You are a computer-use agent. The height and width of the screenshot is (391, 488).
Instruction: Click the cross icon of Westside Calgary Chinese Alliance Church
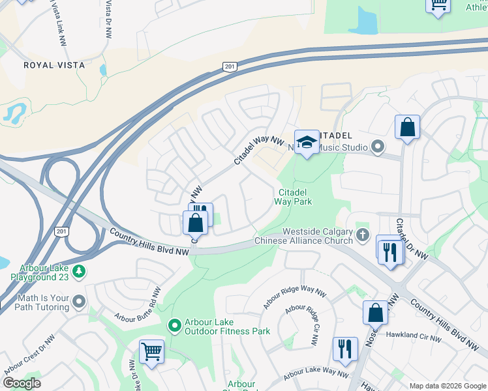click(x=363, y=235)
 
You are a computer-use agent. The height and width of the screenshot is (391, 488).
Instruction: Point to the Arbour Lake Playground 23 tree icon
click(x=79, y=270)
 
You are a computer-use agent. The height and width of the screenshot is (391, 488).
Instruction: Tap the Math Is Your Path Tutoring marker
click(x=79, y=301)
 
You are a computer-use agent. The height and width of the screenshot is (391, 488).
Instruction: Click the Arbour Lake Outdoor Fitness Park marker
click(x=174, y=325)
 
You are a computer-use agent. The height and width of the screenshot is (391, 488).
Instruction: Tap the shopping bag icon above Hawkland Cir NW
click(x=376, y=313)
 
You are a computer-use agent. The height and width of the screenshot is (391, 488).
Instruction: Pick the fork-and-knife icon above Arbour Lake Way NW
click(x=344, y=349)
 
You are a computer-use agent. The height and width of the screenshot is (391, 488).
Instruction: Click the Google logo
click(x=22, y=383)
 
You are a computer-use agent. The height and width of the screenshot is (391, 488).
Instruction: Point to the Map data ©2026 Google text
click(x=447, y=386)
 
